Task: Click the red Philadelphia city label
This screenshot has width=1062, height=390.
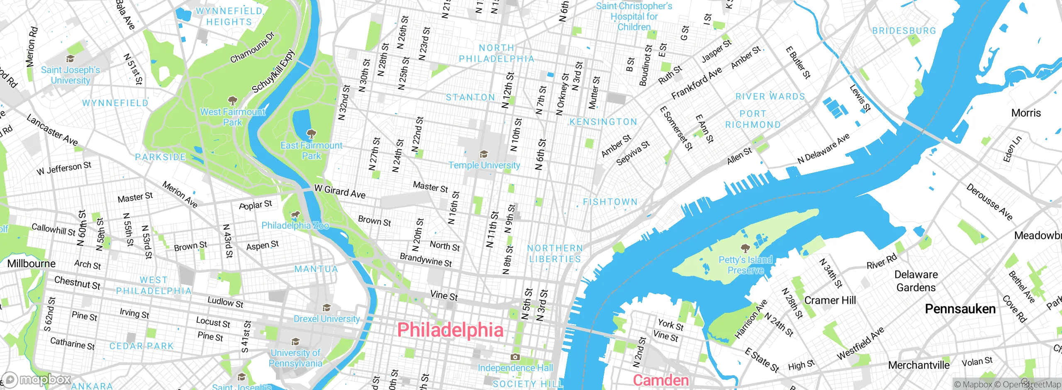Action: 450,330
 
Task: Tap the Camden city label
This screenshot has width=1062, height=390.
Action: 660,380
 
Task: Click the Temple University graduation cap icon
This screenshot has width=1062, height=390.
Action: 483,154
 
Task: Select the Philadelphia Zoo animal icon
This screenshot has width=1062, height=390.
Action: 295,214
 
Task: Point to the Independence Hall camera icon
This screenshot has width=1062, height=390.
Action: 515,357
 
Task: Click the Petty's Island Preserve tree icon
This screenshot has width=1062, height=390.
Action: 745,249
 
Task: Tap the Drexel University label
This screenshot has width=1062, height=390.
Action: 326,319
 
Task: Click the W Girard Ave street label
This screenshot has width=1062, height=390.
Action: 340,192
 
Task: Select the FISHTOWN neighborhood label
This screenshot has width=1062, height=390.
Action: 610,202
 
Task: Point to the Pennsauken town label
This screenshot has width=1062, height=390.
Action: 960,309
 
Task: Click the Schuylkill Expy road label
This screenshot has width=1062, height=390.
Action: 273,71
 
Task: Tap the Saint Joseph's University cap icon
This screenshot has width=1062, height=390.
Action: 70,59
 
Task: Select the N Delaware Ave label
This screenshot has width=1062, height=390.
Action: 823,149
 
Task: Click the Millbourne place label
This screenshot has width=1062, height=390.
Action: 31,264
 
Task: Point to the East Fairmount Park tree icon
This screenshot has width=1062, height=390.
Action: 311,134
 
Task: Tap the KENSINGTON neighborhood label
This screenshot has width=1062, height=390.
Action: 603,122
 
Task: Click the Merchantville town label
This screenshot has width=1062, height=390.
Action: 918,365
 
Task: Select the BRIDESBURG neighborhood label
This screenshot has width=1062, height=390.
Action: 904,31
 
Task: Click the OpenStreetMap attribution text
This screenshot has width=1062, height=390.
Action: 1030,385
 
